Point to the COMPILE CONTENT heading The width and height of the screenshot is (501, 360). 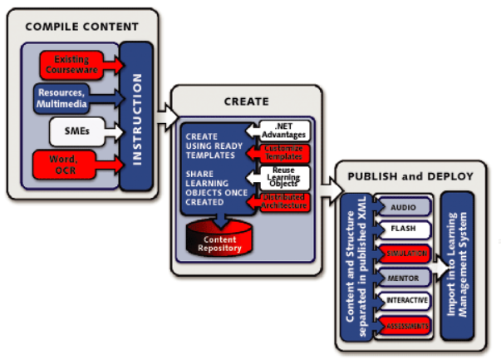tap(81, 27)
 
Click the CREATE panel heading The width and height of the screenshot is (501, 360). tap(246, 101)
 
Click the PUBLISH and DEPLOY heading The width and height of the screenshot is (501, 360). tap(410, 176)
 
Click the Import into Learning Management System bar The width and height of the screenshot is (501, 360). tap(458, 266)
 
